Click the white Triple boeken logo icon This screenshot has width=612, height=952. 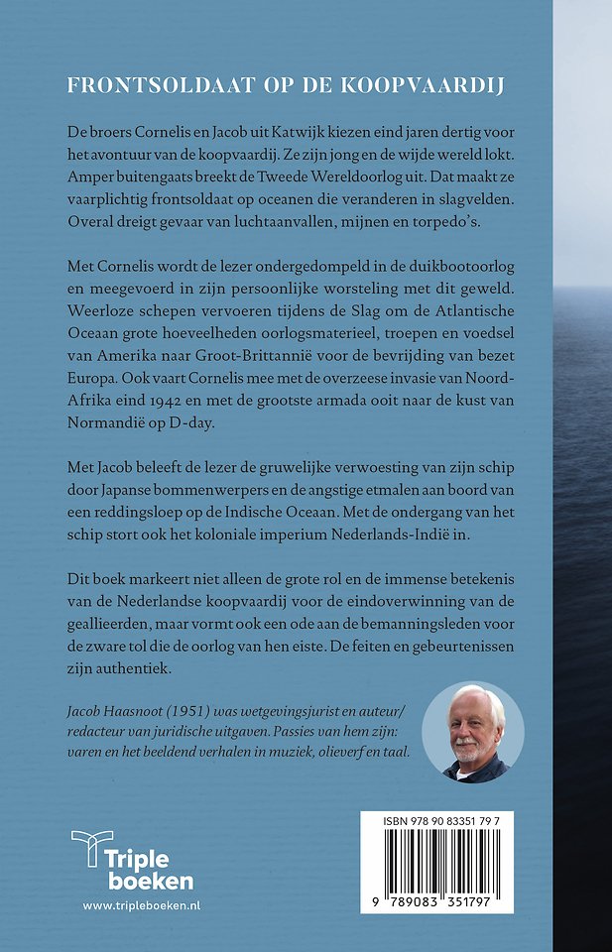(91, 853)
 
